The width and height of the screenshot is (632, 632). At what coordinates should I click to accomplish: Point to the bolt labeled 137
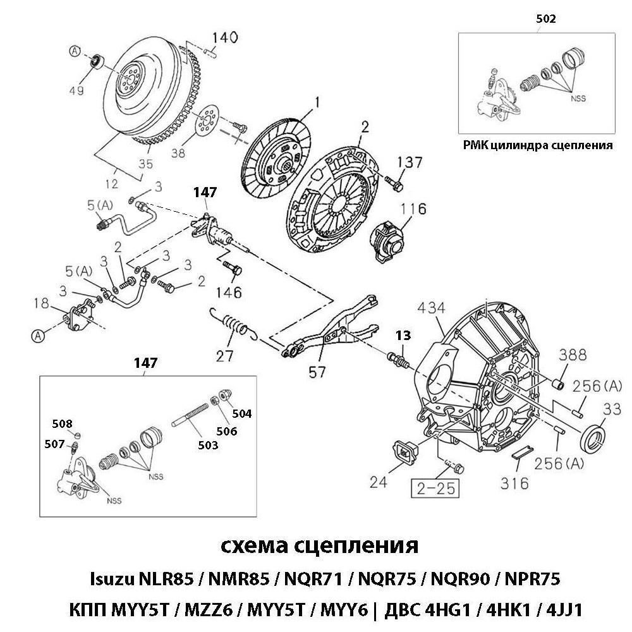point(393,184)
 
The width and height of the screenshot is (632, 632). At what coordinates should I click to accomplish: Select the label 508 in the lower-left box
point(62,423)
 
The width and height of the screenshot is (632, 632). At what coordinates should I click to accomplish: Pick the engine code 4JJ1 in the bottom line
point(559,611)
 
